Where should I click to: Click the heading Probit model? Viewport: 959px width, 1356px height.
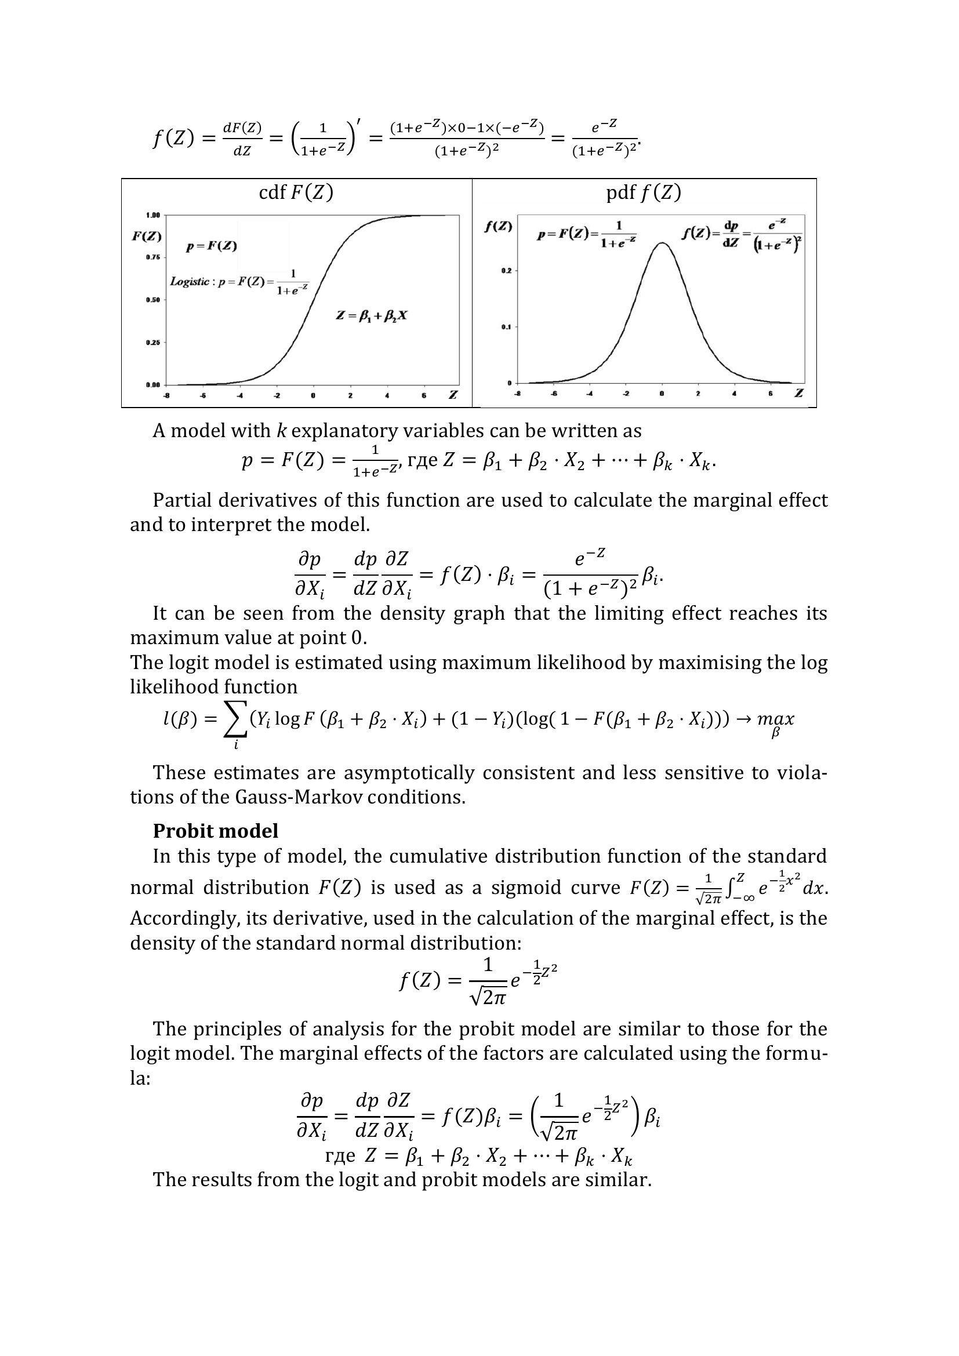point(216,831)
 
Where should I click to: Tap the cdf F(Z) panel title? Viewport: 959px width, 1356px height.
point(296,192)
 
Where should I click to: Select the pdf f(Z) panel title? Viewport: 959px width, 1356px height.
point(644,192)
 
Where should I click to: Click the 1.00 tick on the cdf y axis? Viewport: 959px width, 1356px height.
point(154,215)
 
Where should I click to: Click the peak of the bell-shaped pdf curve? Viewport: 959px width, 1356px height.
point(663,243)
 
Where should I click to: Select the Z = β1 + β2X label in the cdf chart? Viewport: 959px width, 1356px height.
point(372,315)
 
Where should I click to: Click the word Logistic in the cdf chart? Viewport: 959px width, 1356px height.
point(190,282)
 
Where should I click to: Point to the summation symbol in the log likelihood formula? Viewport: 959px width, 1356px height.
point(235,722)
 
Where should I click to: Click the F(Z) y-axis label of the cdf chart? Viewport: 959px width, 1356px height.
point(147,236)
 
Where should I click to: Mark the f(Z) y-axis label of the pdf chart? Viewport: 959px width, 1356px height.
point(499,226)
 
